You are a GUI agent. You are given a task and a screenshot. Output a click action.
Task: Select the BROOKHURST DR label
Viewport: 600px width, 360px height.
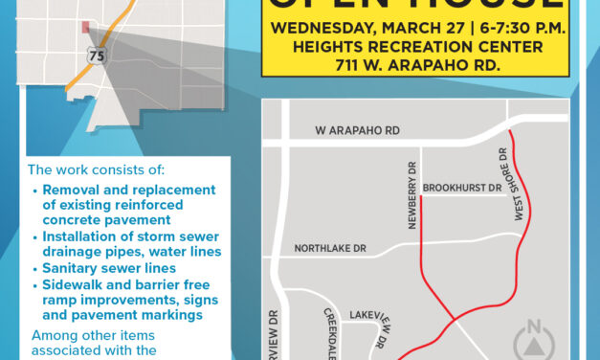click(462, 189)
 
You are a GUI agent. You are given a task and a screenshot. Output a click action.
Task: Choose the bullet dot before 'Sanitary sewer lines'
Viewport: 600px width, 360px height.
click(36, 269)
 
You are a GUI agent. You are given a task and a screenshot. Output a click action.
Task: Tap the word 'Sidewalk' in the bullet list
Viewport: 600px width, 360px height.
click(71, 284)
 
